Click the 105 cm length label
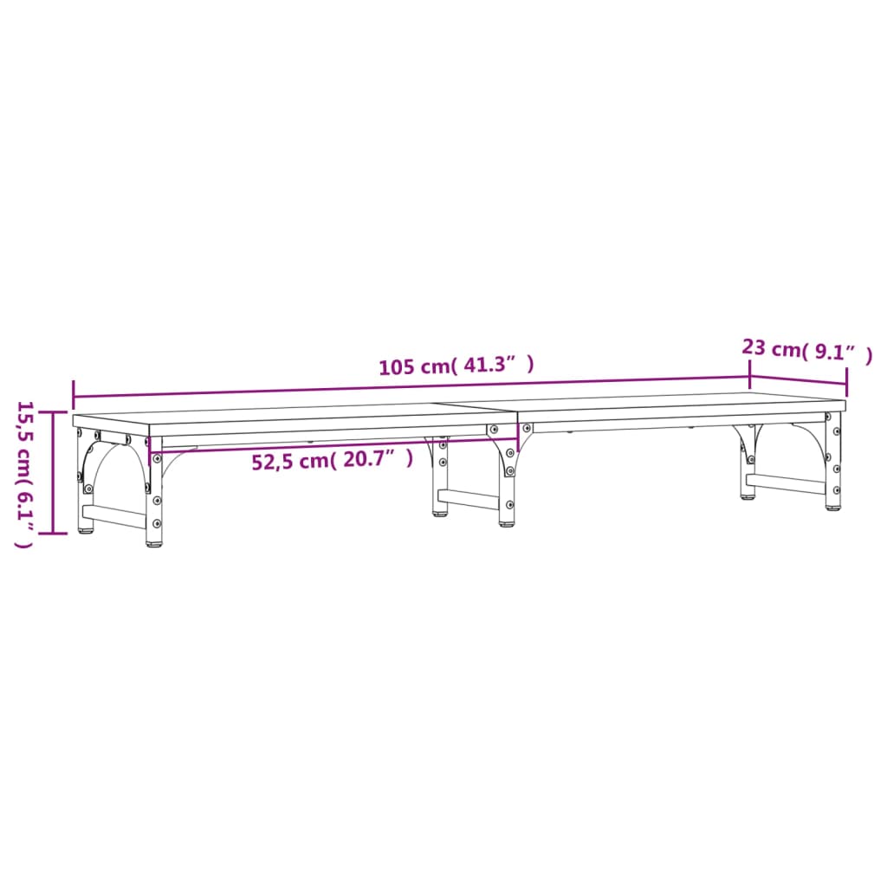coord(414,366)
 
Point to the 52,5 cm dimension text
coord(289,462)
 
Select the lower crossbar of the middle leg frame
coord(468,500)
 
